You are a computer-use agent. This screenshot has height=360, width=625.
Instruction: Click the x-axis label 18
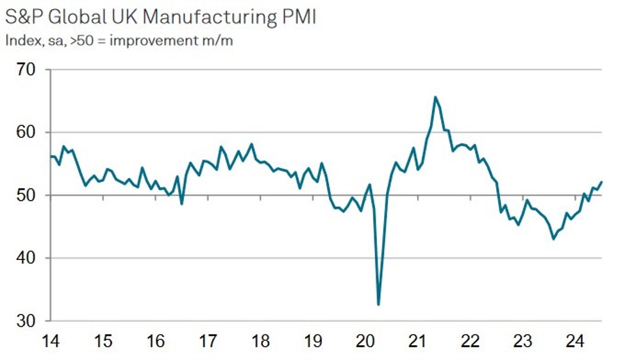[x=260, y=343]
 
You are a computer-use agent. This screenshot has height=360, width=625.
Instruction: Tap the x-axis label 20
[x=365, y=343]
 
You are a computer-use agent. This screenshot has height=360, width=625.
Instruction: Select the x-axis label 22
[x=471, y=343]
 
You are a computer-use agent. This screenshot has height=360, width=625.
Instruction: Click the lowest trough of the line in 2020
[x=378, y=304]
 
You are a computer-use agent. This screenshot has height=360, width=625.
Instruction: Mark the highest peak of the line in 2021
[x=435, y=97]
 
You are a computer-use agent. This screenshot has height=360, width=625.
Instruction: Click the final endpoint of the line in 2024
[x=601, y=182]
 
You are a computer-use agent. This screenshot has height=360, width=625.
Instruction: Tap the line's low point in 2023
[x=553, y=239]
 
